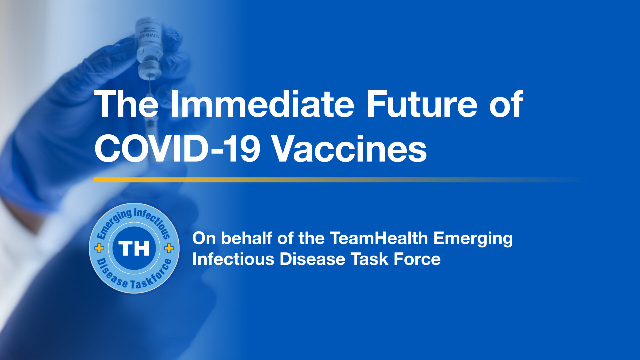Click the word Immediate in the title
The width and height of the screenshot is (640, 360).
262,104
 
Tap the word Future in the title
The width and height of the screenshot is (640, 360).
422,104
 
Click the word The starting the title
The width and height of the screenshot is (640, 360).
126,104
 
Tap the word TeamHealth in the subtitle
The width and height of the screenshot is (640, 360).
379,238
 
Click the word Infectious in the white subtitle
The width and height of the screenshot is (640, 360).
233,259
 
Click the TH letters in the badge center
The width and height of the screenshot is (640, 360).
134,248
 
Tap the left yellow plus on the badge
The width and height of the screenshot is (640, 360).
99,248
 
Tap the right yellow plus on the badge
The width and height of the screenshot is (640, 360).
169,248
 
